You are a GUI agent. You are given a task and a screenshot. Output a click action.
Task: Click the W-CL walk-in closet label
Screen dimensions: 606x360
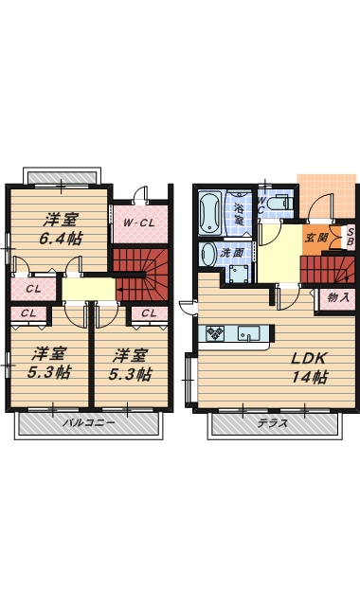coord(139,223)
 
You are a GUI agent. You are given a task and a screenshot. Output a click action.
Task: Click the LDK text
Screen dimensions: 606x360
coord(309,359)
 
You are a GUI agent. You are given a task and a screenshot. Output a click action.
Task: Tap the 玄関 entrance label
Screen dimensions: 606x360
coord(316,239)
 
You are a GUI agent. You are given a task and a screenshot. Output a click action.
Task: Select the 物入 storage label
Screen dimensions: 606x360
coord(338,297)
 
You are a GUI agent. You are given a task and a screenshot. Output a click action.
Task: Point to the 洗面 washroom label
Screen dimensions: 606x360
coord(232,254)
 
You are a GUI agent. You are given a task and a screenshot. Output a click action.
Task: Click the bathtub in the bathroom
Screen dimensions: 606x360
coord(208,213)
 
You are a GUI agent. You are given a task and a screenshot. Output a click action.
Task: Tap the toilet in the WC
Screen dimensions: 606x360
coord(279,201)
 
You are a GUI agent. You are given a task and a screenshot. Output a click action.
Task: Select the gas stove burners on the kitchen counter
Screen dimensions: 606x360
coord(215,333)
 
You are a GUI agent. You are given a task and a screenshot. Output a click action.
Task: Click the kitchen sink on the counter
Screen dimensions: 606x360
coord(250,333)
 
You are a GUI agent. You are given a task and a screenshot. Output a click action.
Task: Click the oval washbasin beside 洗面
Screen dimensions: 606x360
coord(208,254)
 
